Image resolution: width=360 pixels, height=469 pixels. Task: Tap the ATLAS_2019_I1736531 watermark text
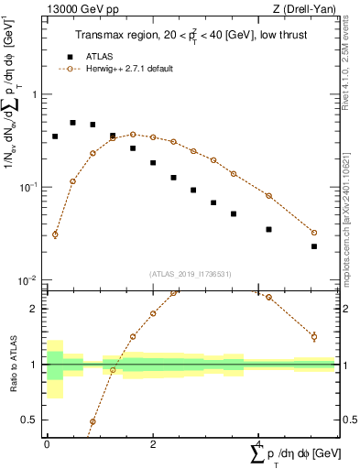pos(189,273)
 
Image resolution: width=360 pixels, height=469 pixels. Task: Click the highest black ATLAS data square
pos(72,123)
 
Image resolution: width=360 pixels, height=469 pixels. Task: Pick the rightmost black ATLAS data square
pos(313,246)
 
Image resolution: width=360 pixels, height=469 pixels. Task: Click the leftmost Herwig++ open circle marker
pos(55,234)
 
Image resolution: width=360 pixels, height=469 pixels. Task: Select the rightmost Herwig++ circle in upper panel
pos(313,233)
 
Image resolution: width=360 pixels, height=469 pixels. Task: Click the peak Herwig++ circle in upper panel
pos(133,135)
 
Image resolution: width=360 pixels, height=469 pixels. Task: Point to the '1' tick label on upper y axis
pos(34,94)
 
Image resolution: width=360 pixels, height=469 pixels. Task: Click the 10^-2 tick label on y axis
pos(29,279)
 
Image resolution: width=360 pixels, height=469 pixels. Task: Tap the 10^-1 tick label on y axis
pos(29,187)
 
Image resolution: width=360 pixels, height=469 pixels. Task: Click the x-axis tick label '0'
pos(47,443)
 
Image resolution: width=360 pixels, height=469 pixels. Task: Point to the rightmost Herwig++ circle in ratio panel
pos(313,337)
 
